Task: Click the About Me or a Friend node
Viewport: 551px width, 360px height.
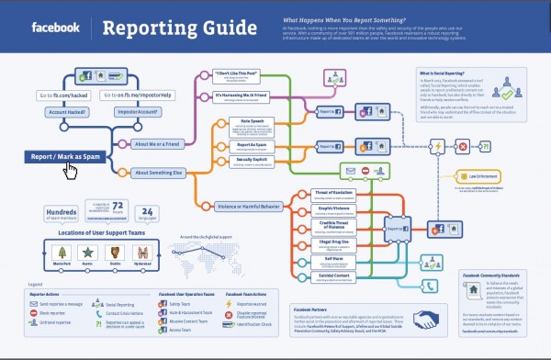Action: (x=158, y=144)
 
